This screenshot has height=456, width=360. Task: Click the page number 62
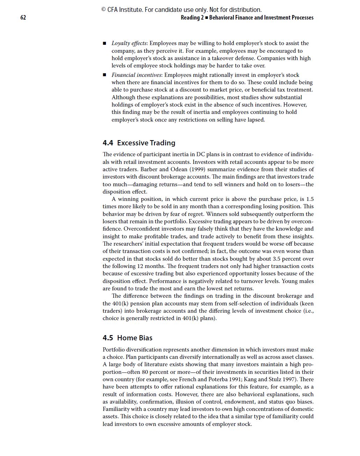(23, 17)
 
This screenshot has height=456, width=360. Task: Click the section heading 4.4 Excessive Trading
(139, 143)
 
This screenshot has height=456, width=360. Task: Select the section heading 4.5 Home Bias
(127, 338)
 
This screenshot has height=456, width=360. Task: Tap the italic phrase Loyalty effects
(129, 43)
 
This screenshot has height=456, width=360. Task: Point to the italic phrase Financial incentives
(137, 75)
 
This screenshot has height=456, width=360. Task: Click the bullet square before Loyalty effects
(105, 44)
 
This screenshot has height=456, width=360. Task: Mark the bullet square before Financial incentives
(105, 75)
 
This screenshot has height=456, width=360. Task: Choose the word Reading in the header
(190, 18)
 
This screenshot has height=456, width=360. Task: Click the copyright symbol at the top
(104, 10)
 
